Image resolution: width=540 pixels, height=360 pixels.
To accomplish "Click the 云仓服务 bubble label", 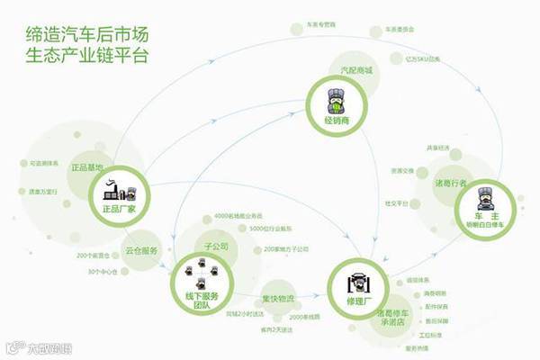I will pos(142,249).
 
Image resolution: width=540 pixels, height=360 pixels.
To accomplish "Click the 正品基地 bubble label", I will pos(86,168).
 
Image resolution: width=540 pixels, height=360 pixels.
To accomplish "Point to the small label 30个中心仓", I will pos(104,271).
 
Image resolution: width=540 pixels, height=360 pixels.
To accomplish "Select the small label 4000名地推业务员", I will pos(238,217).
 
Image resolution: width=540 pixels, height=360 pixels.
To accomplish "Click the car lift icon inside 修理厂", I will pos(357,275).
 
